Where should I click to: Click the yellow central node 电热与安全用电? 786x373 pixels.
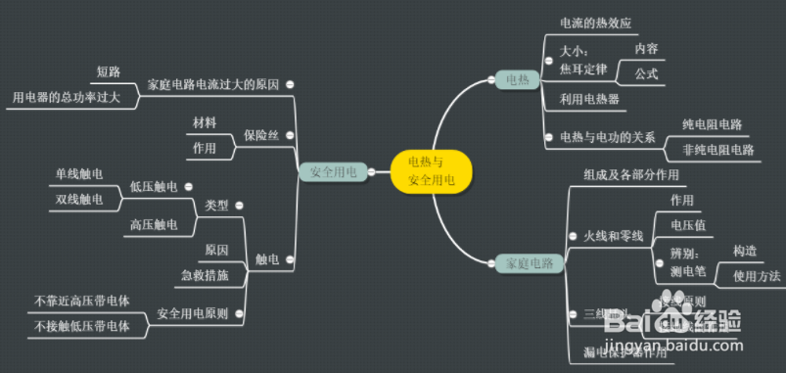tap(431, 170)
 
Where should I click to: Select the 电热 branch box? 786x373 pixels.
tap(516, 79)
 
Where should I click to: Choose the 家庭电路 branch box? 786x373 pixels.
tap(524, 263)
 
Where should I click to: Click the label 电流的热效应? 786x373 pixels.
tap(596, 23)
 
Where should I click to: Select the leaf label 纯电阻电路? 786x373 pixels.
tap(713, 125)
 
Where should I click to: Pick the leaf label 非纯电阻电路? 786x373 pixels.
tap(718, 150)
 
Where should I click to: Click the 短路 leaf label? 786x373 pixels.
tap(109, 72)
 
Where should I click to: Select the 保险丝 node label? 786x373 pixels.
tap(261, 135)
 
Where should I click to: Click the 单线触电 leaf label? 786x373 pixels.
tap(78, 174)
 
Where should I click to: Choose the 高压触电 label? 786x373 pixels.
tap(154, 225)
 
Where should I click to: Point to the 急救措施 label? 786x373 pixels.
tap(206, 276)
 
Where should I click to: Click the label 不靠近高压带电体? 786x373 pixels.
tap(82, 301)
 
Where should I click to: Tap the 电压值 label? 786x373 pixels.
tap(682, 225)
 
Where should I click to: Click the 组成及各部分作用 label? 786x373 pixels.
tap(631, 174)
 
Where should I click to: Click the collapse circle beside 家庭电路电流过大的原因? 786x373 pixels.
tap(291, 85)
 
